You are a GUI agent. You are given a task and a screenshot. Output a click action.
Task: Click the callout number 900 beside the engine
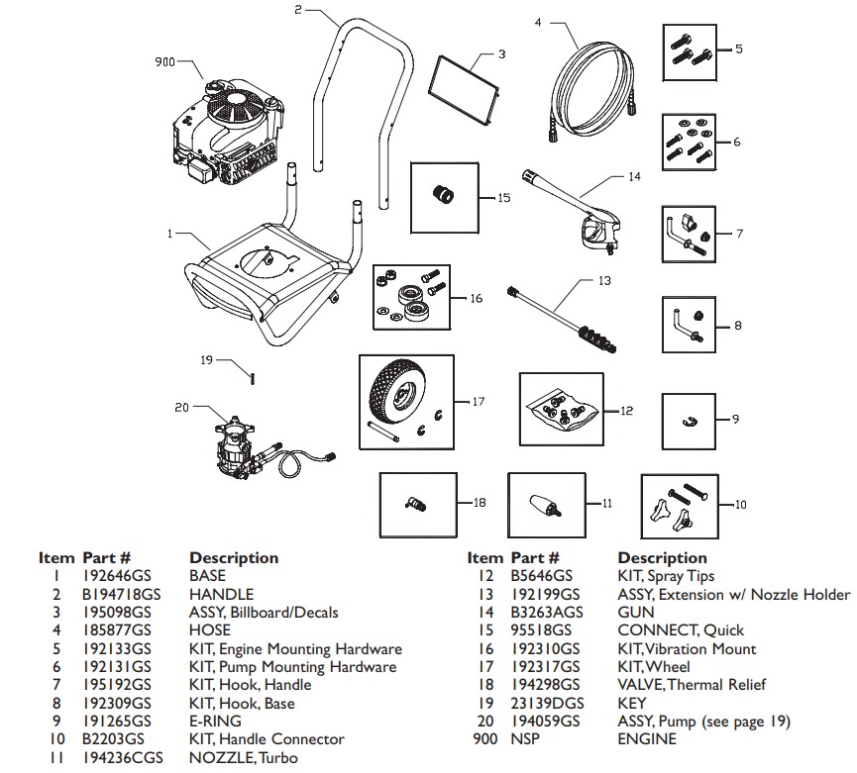[164, 62]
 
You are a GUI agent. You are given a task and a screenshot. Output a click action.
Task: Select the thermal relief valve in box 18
[415, 504]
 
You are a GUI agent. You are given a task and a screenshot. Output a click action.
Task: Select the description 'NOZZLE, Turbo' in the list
[243, 758]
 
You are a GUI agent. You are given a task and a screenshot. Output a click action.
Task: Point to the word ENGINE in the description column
[647, 739]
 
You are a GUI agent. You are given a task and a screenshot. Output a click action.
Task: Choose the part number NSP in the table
[525, 739]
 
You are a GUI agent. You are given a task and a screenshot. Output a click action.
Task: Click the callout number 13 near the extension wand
[604, 281]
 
